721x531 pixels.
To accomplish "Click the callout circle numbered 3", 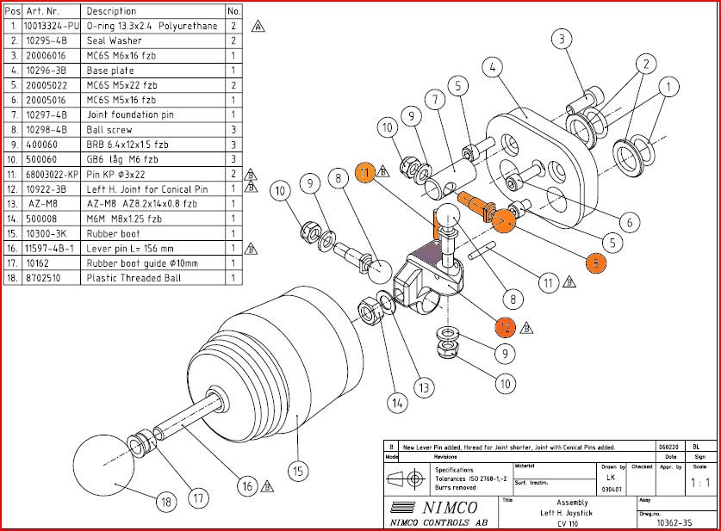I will (x=562, y=40).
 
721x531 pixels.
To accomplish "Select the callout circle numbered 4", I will (x=493, y=66).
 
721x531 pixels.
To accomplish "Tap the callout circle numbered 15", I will (x=296, y=471).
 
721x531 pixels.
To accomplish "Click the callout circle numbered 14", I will (x=396, y=401).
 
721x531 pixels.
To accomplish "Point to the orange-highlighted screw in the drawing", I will (x=475, y=207).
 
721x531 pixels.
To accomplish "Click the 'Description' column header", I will (x=111, y=11).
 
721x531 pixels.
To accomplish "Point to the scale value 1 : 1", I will (x=700, y=484).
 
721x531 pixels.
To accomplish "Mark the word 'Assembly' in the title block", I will (x=572, y=503).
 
